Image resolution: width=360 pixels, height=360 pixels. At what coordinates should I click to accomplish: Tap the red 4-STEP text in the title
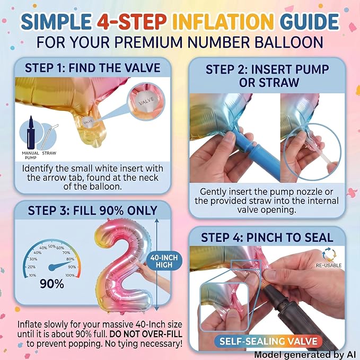point(131,22)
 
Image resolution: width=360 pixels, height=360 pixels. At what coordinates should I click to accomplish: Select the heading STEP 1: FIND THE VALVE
point(93,68)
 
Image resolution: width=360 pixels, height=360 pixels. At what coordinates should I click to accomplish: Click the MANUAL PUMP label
point(30,155)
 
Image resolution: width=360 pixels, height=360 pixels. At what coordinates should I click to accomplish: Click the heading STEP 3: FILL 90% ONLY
point(93,210)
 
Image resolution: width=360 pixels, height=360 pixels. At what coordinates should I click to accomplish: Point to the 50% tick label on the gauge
point(52,247)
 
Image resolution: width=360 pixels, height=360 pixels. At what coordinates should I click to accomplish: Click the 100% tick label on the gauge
point(71,275)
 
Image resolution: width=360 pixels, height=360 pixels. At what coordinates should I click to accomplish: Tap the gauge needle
point(60,265)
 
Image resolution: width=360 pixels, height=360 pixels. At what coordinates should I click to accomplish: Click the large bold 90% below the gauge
point(52,284)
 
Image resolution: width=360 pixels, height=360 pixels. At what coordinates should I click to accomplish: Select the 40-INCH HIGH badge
point(164,261)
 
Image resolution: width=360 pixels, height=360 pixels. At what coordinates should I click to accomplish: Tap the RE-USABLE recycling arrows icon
point(329,254)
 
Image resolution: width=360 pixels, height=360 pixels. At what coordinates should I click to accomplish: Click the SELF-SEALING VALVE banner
point(268,341)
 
